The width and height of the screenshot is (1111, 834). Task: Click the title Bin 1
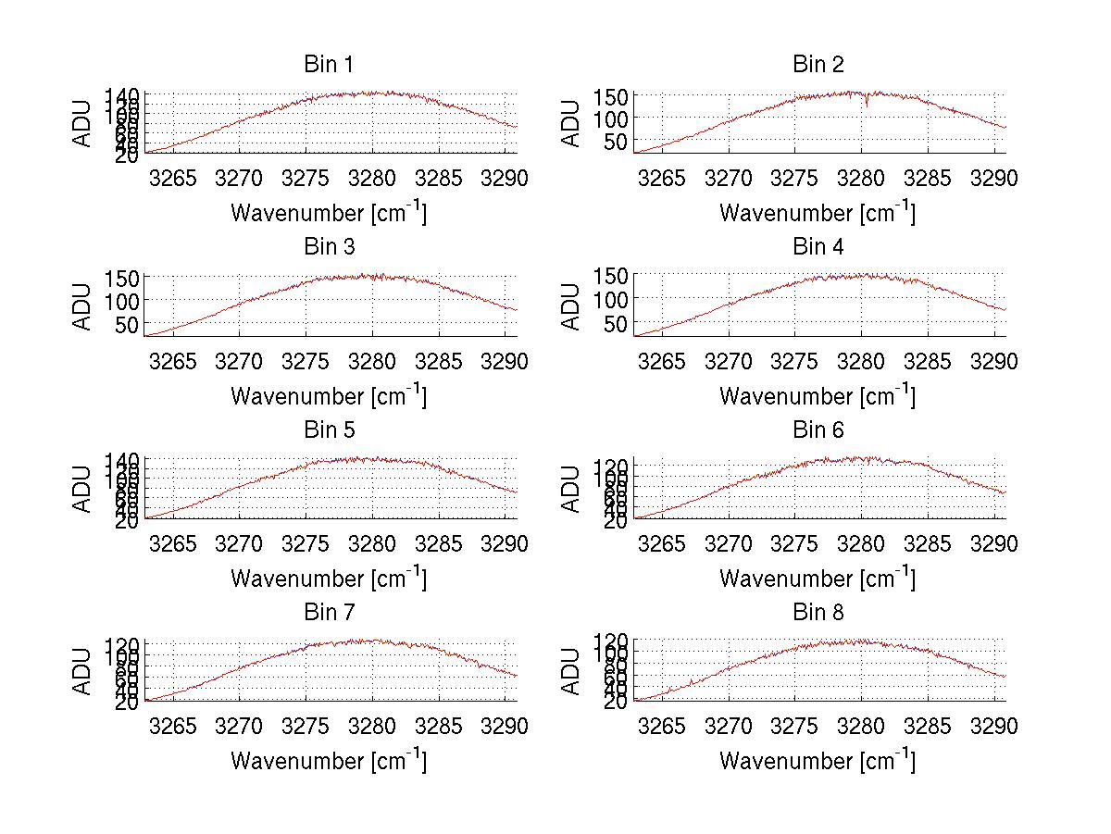pos(329,65)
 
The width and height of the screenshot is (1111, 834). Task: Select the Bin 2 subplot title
pos(818,65)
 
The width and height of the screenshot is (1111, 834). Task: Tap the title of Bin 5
pos(329,430)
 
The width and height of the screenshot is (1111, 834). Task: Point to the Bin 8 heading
pos(818,613)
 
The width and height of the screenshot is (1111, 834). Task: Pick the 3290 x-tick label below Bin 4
pos(993,361)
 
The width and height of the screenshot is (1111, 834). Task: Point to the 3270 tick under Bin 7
pos(240,727)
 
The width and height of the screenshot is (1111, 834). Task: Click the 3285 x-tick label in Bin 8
pos(928,727)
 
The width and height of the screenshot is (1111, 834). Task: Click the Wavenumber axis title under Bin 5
pos(329,579)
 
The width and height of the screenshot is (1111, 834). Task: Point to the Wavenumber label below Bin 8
pos(818,761)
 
